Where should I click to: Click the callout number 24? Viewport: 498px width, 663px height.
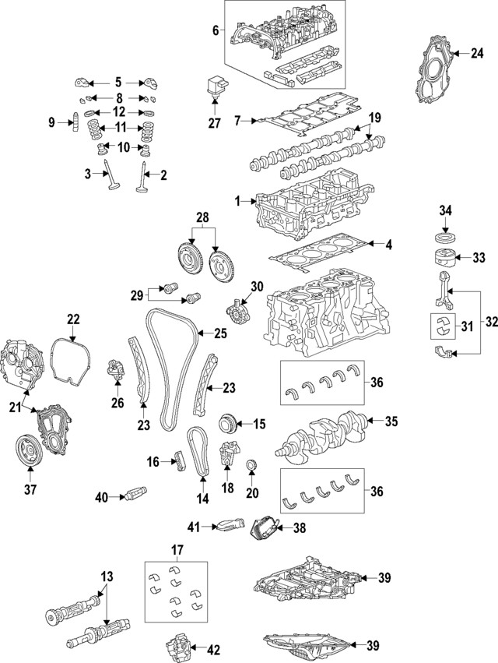point(476,53)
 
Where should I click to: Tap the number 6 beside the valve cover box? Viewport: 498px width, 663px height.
point(215,31)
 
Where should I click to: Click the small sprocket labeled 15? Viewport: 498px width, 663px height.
point(230,424)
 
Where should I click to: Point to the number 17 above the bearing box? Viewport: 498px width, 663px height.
point(177,551)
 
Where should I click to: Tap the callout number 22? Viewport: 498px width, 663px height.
point(72,318)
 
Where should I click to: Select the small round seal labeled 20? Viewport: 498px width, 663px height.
point(251,467)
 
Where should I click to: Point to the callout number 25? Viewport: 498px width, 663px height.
point(220,333)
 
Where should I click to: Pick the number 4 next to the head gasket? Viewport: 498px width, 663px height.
point(388,245)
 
